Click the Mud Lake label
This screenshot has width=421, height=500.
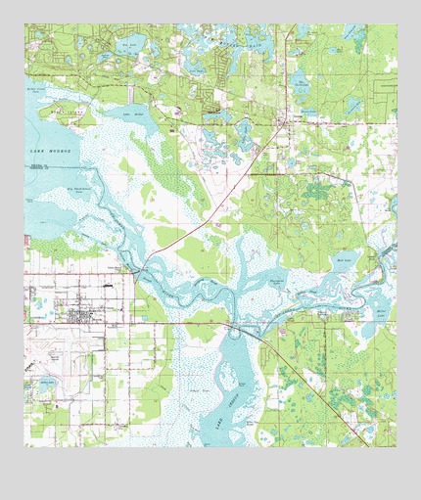pos(343,260)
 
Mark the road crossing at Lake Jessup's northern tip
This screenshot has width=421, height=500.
pos(235,326)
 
